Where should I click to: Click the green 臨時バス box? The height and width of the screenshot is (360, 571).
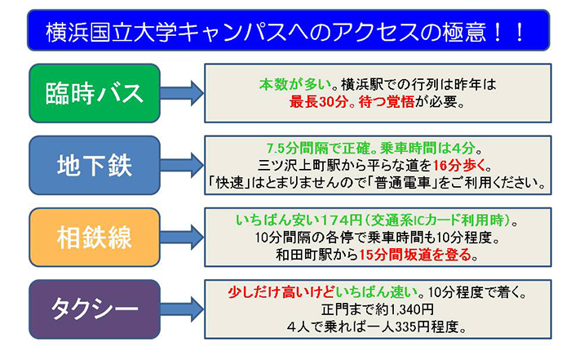95,93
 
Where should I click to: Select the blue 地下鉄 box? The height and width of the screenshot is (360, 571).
95,166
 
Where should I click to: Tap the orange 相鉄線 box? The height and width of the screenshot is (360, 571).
95,238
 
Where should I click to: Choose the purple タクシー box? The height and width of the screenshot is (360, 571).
95,309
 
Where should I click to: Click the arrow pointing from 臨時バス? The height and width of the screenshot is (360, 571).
182,93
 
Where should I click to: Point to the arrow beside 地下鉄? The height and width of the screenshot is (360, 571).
182,166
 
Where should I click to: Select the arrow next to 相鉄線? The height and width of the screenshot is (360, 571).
182,238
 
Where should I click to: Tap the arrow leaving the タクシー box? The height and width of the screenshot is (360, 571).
182,309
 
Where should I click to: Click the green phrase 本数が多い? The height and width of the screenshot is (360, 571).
295,85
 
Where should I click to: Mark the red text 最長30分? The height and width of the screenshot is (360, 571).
319,102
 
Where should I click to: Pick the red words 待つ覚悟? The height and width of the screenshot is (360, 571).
386,102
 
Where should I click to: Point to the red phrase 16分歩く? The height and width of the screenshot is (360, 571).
459,166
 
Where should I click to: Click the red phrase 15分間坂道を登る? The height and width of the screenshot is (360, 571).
415,255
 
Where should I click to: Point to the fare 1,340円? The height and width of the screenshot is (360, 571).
412,309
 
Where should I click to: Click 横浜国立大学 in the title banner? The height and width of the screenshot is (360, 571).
112,31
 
